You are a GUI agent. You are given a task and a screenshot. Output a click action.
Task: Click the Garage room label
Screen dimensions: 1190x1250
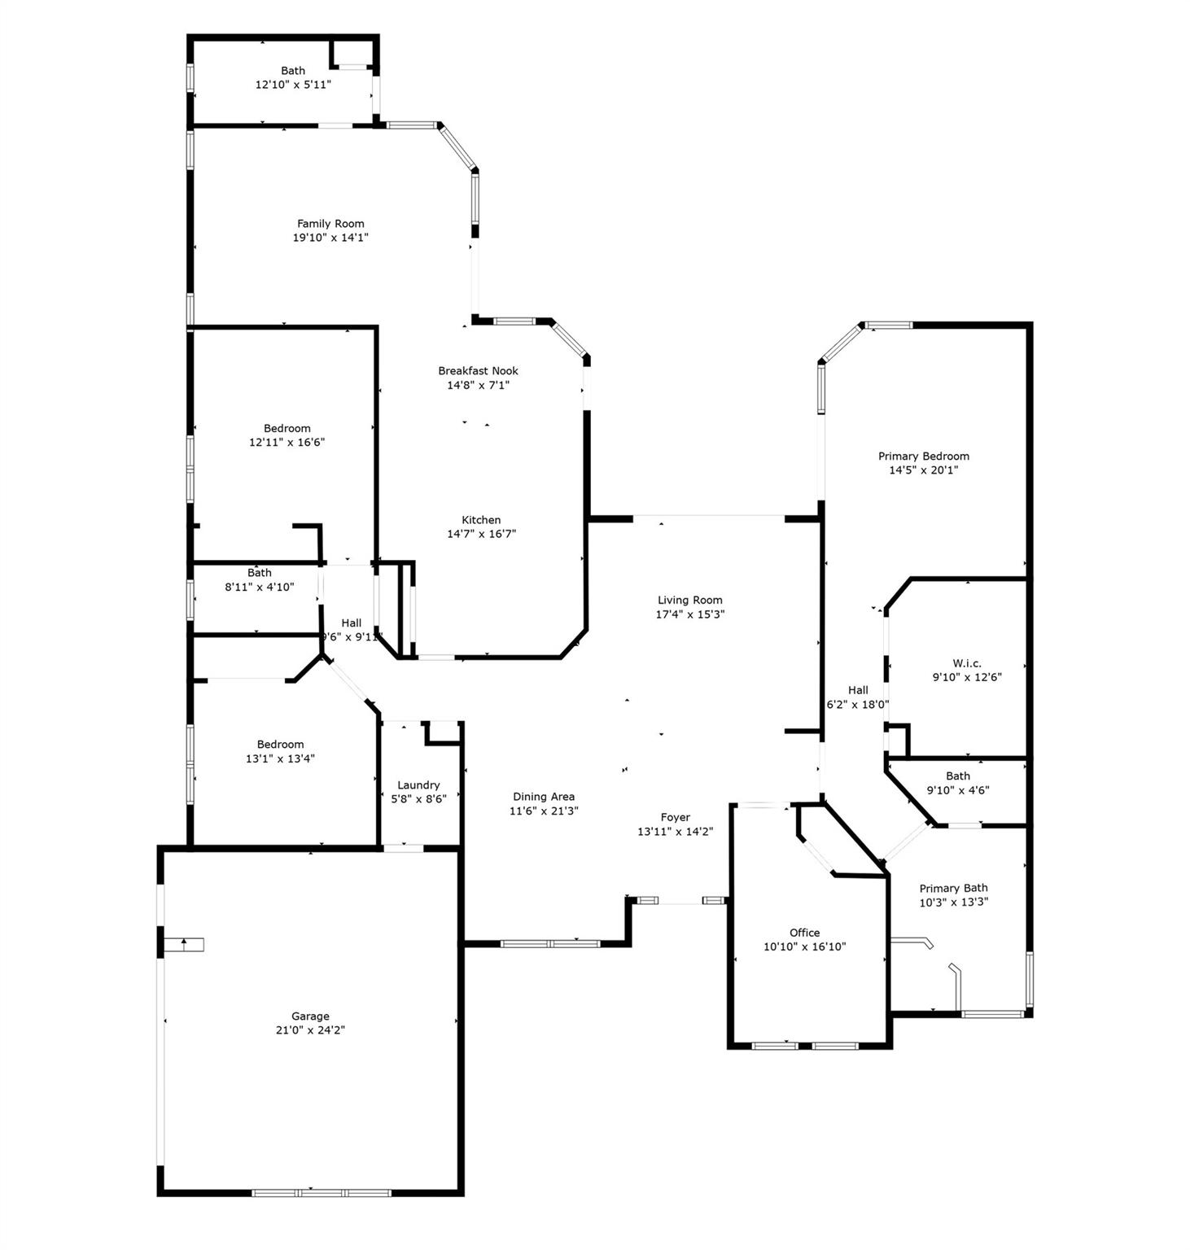coord(310,1016)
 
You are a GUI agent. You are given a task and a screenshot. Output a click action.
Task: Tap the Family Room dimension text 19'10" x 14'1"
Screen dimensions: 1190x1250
coord(330,238)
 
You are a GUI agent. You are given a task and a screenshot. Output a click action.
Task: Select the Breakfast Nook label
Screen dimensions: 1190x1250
coord(478,370)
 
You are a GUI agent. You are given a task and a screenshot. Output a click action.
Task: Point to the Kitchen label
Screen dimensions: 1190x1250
coord(481,519)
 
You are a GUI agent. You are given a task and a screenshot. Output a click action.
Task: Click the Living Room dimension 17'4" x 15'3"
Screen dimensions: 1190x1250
coord(690,614)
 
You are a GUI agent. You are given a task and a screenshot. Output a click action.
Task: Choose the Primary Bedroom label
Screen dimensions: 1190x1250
coord(924,456)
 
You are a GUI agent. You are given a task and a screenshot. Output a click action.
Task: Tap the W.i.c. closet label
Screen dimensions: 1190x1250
coord(967,663)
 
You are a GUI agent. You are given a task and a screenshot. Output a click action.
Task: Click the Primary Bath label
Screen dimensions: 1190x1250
coord(953,888)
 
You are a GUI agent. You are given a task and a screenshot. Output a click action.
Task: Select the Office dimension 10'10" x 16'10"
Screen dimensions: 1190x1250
coord(805,946)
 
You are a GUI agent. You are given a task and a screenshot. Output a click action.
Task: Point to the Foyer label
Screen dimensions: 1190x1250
coord(675,817)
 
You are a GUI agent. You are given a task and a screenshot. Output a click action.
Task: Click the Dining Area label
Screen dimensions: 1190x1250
coord(544,797)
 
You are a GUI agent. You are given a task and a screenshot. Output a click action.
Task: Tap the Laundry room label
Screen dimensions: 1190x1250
coord(418,785)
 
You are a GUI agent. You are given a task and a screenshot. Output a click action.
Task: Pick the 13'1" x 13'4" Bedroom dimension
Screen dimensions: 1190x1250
coord(280,758)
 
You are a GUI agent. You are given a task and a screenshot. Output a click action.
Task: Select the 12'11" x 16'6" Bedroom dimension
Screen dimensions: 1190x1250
coord(287,443)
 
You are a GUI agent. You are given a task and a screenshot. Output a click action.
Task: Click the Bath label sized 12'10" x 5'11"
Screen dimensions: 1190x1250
coord(293,71)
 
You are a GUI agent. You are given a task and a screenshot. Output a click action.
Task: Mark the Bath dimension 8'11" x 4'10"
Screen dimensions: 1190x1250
coord(260,587)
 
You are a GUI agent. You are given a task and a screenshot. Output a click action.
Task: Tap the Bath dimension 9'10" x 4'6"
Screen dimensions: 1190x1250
coord(958,789)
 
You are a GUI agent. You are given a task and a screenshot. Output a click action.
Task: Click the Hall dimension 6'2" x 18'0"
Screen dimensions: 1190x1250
coord(858,705)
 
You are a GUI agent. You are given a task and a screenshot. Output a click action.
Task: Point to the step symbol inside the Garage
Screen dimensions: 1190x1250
coord(183,945)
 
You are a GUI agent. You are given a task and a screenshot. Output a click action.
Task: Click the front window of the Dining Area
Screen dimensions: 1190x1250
coord(550,944)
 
